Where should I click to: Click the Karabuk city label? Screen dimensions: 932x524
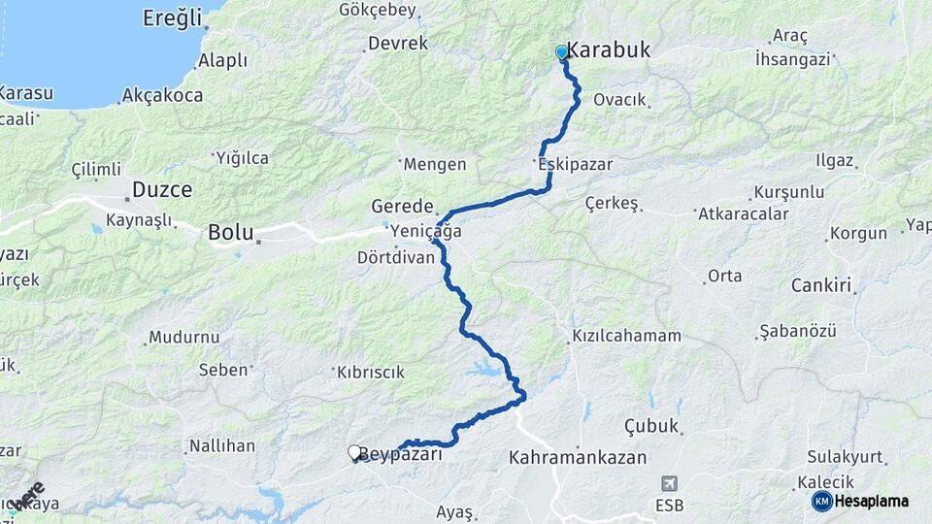point(609,50)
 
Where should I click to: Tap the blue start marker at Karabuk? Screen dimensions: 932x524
point(561,52)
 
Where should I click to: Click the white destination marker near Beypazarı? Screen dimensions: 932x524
point(355,452)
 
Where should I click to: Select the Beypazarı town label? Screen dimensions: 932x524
point(401,454)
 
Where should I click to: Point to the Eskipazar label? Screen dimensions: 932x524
point(576,164)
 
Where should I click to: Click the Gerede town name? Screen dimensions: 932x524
point(402,206)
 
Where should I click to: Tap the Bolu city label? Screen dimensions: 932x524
point(230,233)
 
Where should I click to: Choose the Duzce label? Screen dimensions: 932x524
point(162,189)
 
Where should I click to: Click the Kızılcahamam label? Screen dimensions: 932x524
point(626,336)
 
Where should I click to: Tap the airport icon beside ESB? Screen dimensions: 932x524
point(669,483)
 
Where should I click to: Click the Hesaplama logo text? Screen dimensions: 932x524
point(873,501)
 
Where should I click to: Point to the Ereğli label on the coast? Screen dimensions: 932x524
point(172,17)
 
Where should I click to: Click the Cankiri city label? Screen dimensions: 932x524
point(821,285)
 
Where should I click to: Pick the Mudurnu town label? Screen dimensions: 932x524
point(184,338)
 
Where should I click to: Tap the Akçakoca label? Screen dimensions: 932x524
point(163,96)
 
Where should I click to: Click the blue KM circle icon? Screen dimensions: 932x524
point(822,501)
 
